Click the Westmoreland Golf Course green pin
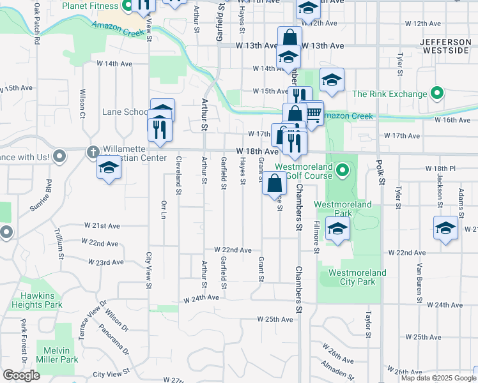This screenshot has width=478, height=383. [342, 170]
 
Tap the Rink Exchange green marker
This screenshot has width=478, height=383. [438, 94]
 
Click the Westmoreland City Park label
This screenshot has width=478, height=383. [357, 277]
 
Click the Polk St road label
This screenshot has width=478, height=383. [381, 173]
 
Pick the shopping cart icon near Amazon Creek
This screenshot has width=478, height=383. [312, 113]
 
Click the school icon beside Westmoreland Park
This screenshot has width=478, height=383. [337, 229]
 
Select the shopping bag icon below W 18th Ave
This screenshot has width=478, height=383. [274, 183]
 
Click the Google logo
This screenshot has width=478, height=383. [21, 375]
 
